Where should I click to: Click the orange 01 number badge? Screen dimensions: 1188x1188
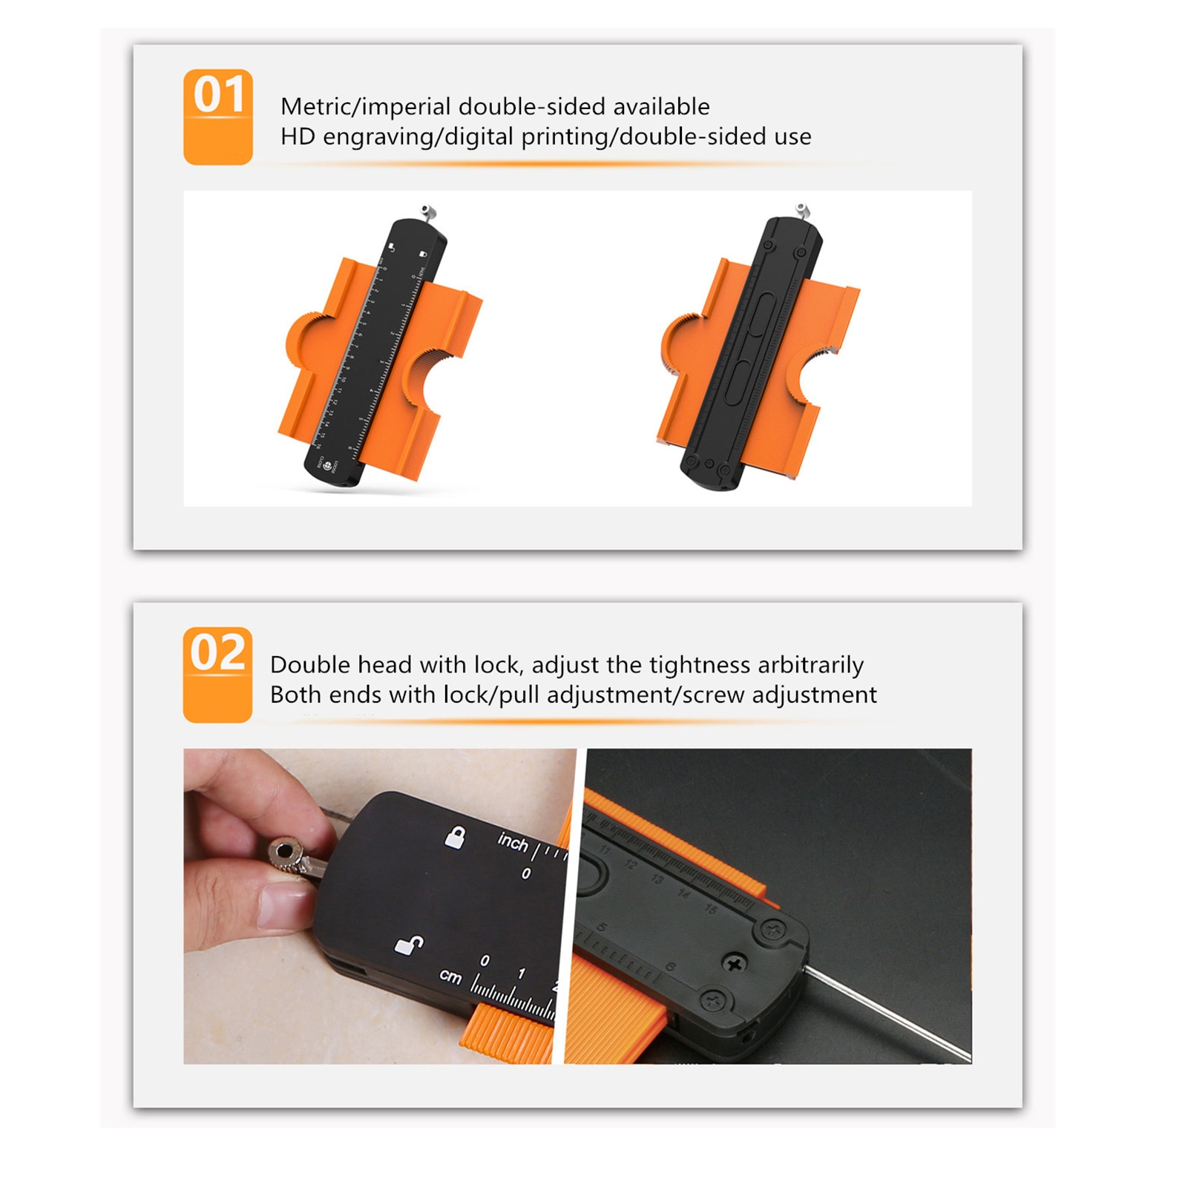[218, 116]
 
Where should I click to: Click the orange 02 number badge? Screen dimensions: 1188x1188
[217, 674]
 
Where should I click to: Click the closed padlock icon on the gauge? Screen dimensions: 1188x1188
[454, 838]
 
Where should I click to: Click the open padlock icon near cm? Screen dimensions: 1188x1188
[408, 945]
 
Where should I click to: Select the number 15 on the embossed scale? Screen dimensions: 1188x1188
[711, 909]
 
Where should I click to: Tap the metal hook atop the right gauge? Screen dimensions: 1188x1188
[801, 209]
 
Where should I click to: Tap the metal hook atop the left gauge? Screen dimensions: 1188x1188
[426, 211]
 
